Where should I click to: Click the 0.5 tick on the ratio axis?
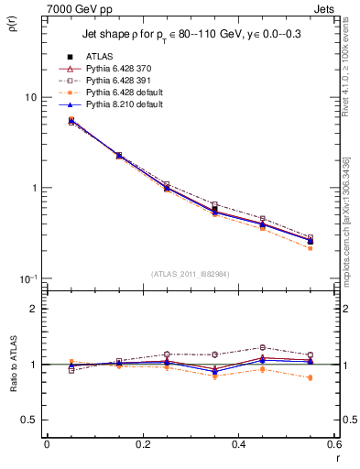(x=31, y=420)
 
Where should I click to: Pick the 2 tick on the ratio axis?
(x=35, y=309)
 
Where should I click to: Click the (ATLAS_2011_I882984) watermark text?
(x=191, y=274)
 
